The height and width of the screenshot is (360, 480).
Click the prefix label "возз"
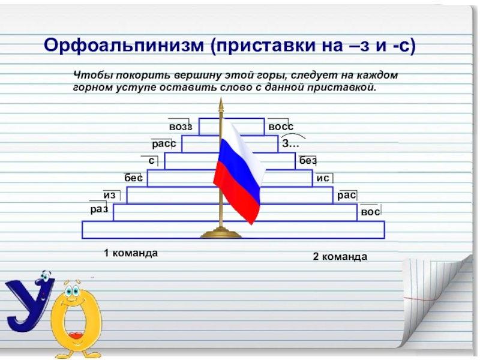point(180,127)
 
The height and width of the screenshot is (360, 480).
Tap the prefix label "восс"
point(281,127)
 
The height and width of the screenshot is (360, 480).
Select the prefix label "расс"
point(163,144)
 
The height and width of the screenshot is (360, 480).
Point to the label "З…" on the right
point(290,144)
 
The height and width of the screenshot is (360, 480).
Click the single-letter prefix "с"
point(152,160)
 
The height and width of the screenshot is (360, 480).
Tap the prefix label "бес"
point(133,178)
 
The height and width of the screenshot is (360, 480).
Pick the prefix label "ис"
point(323,178)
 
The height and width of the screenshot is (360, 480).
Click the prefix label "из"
point(109,195)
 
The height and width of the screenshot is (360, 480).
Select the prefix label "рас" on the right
point(346,195)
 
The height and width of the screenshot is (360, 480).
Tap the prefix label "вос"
point(370,212)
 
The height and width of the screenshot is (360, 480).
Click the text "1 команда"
point(131,253)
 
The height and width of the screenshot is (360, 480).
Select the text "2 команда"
point(340,257)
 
